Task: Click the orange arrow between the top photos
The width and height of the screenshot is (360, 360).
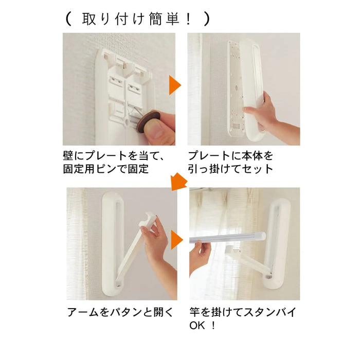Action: (175, 85)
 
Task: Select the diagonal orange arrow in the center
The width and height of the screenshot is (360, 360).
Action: (178, 182)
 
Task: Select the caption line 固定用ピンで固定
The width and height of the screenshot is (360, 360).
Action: (108, 169)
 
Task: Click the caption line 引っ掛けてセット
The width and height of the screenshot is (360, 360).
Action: (230, 169)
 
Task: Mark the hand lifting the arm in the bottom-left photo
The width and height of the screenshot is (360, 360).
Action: (157, 239)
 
